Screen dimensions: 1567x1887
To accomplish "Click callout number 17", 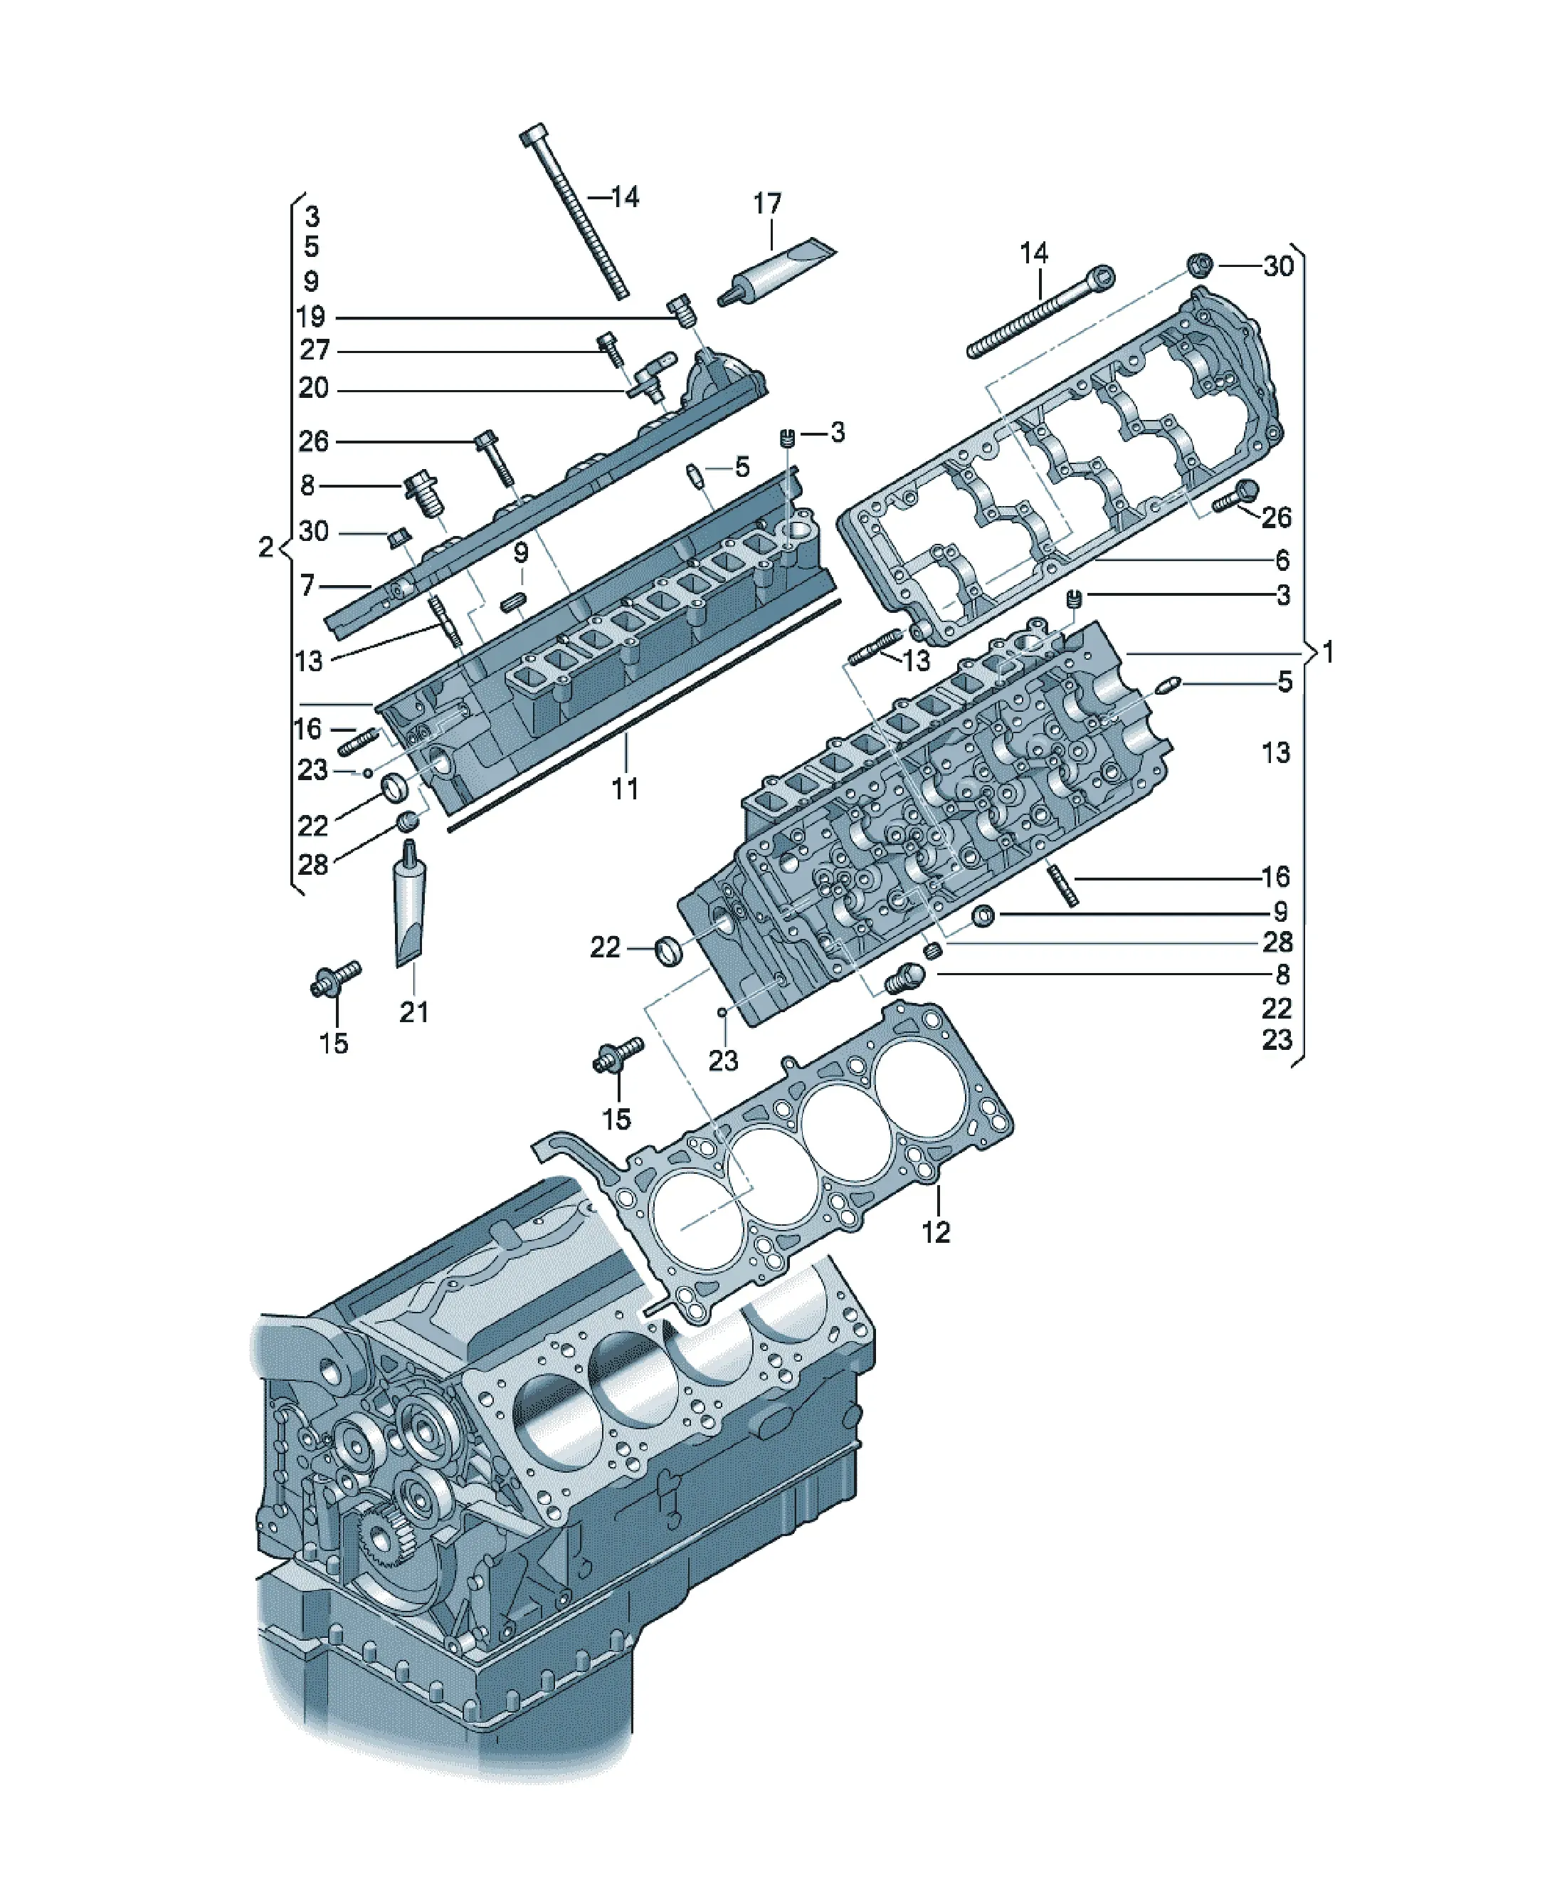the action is click(766, 204).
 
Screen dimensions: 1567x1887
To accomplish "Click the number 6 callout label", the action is click(1282, 561).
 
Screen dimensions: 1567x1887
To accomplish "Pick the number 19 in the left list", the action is click(311, 317).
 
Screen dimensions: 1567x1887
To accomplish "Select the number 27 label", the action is click(314, 350).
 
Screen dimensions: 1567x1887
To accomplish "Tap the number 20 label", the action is click(314, 388).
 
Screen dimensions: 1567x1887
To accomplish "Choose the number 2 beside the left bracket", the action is click(265, 547).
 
